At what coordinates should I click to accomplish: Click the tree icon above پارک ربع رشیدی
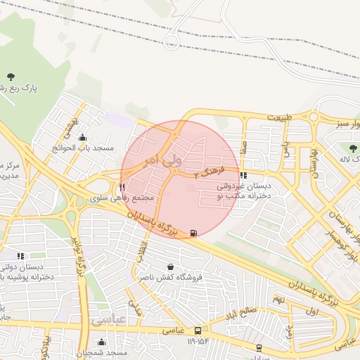point(11,76)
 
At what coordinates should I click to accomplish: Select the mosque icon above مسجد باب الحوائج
point(84,137)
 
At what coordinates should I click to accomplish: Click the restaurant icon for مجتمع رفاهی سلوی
point(122,188)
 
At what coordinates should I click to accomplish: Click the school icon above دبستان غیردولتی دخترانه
point(243,176)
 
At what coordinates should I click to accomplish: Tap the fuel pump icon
point(193,233)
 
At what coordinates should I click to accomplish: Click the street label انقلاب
point(143,250)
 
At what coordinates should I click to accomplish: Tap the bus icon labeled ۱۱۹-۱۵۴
point(199,330)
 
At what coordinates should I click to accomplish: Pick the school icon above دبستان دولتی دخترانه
point(20,256)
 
